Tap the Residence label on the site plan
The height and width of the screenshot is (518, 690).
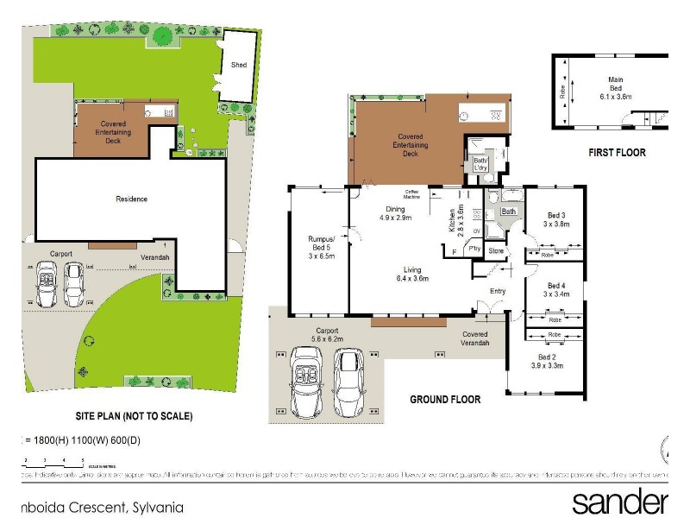tap(131, 199)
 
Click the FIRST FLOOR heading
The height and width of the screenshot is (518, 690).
tap(617, 153)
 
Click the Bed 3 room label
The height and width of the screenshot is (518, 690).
tap(556, 219)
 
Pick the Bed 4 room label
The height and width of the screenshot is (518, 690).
tap(556, 290)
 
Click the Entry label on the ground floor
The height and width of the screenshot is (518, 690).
tap(498, 291)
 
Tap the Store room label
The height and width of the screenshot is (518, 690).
tap(495, 252)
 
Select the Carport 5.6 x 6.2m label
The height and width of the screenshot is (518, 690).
tap(327, 336)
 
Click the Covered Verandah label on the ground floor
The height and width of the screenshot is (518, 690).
tap(474, 339)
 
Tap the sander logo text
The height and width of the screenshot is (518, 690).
tap(619, 502)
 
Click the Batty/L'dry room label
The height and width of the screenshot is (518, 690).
tap(480, 164)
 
